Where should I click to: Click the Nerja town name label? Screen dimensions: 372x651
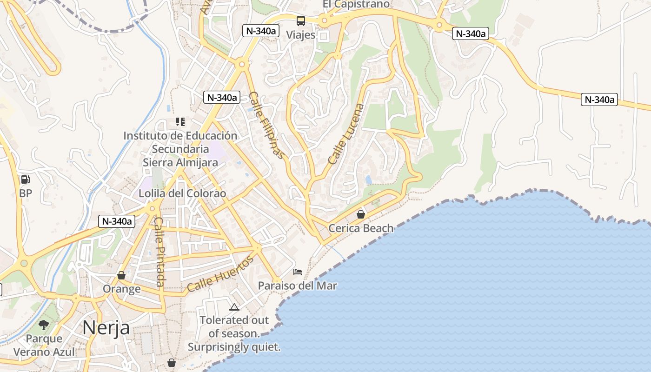(x=106, y=327)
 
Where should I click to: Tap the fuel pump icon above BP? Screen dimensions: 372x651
(x=26, y=179)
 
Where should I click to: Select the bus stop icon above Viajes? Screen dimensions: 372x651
(x=301, y=20)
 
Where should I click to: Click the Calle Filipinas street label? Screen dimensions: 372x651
(x=266, y=125)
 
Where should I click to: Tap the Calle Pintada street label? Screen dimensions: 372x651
(x=159, y=252)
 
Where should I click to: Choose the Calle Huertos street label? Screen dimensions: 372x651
(x=220, y=274)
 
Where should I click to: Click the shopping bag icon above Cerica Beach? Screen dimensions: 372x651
(x=360, y=214)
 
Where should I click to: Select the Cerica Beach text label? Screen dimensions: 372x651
(x=361, y=228)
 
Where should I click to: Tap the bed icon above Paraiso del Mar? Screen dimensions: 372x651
(x=298, y=272)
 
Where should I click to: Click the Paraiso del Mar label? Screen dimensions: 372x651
(x=298, y=286)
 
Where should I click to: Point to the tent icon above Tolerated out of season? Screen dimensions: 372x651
(x=234, y=307)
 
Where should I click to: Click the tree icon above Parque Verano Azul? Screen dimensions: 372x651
(x=44, y=325)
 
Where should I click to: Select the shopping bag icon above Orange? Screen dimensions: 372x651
(x=121, y=275)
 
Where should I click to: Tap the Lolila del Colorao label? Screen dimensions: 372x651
(x=182, y=193)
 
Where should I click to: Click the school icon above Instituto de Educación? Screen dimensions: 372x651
(x=180, y=122)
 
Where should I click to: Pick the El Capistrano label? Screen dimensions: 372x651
(x=356, y=4)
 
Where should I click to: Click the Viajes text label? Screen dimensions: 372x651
(x=300, y=35)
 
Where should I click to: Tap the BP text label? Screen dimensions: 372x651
(x=26, y=193)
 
